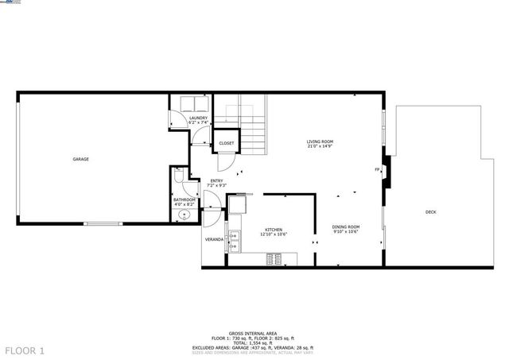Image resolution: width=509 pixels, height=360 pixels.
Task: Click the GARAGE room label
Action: [80, 159]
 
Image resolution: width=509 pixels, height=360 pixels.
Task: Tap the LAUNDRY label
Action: [198, 118]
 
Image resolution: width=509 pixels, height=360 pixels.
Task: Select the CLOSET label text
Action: [227, 143]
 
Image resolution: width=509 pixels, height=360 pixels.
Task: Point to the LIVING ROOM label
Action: [320, 142]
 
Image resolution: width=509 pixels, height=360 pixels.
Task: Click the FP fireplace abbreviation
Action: [377, 169]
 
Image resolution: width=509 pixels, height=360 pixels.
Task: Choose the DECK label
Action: [430, 211]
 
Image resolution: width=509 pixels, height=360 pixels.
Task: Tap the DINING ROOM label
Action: [346, 227]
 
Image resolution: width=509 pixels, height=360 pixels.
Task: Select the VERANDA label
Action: [214, 238]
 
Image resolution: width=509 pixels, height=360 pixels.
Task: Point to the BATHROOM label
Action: [185, 199]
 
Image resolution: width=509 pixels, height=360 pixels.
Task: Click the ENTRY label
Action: [216, 181]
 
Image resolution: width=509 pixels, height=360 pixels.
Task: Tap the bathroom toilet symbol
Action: [181, 176]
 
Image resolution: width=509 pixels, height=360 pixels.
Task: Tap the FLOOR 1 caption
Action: [25, 350]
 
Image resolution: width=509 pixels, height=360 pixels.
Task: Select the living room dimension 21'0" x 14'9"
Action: [320, 147]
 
